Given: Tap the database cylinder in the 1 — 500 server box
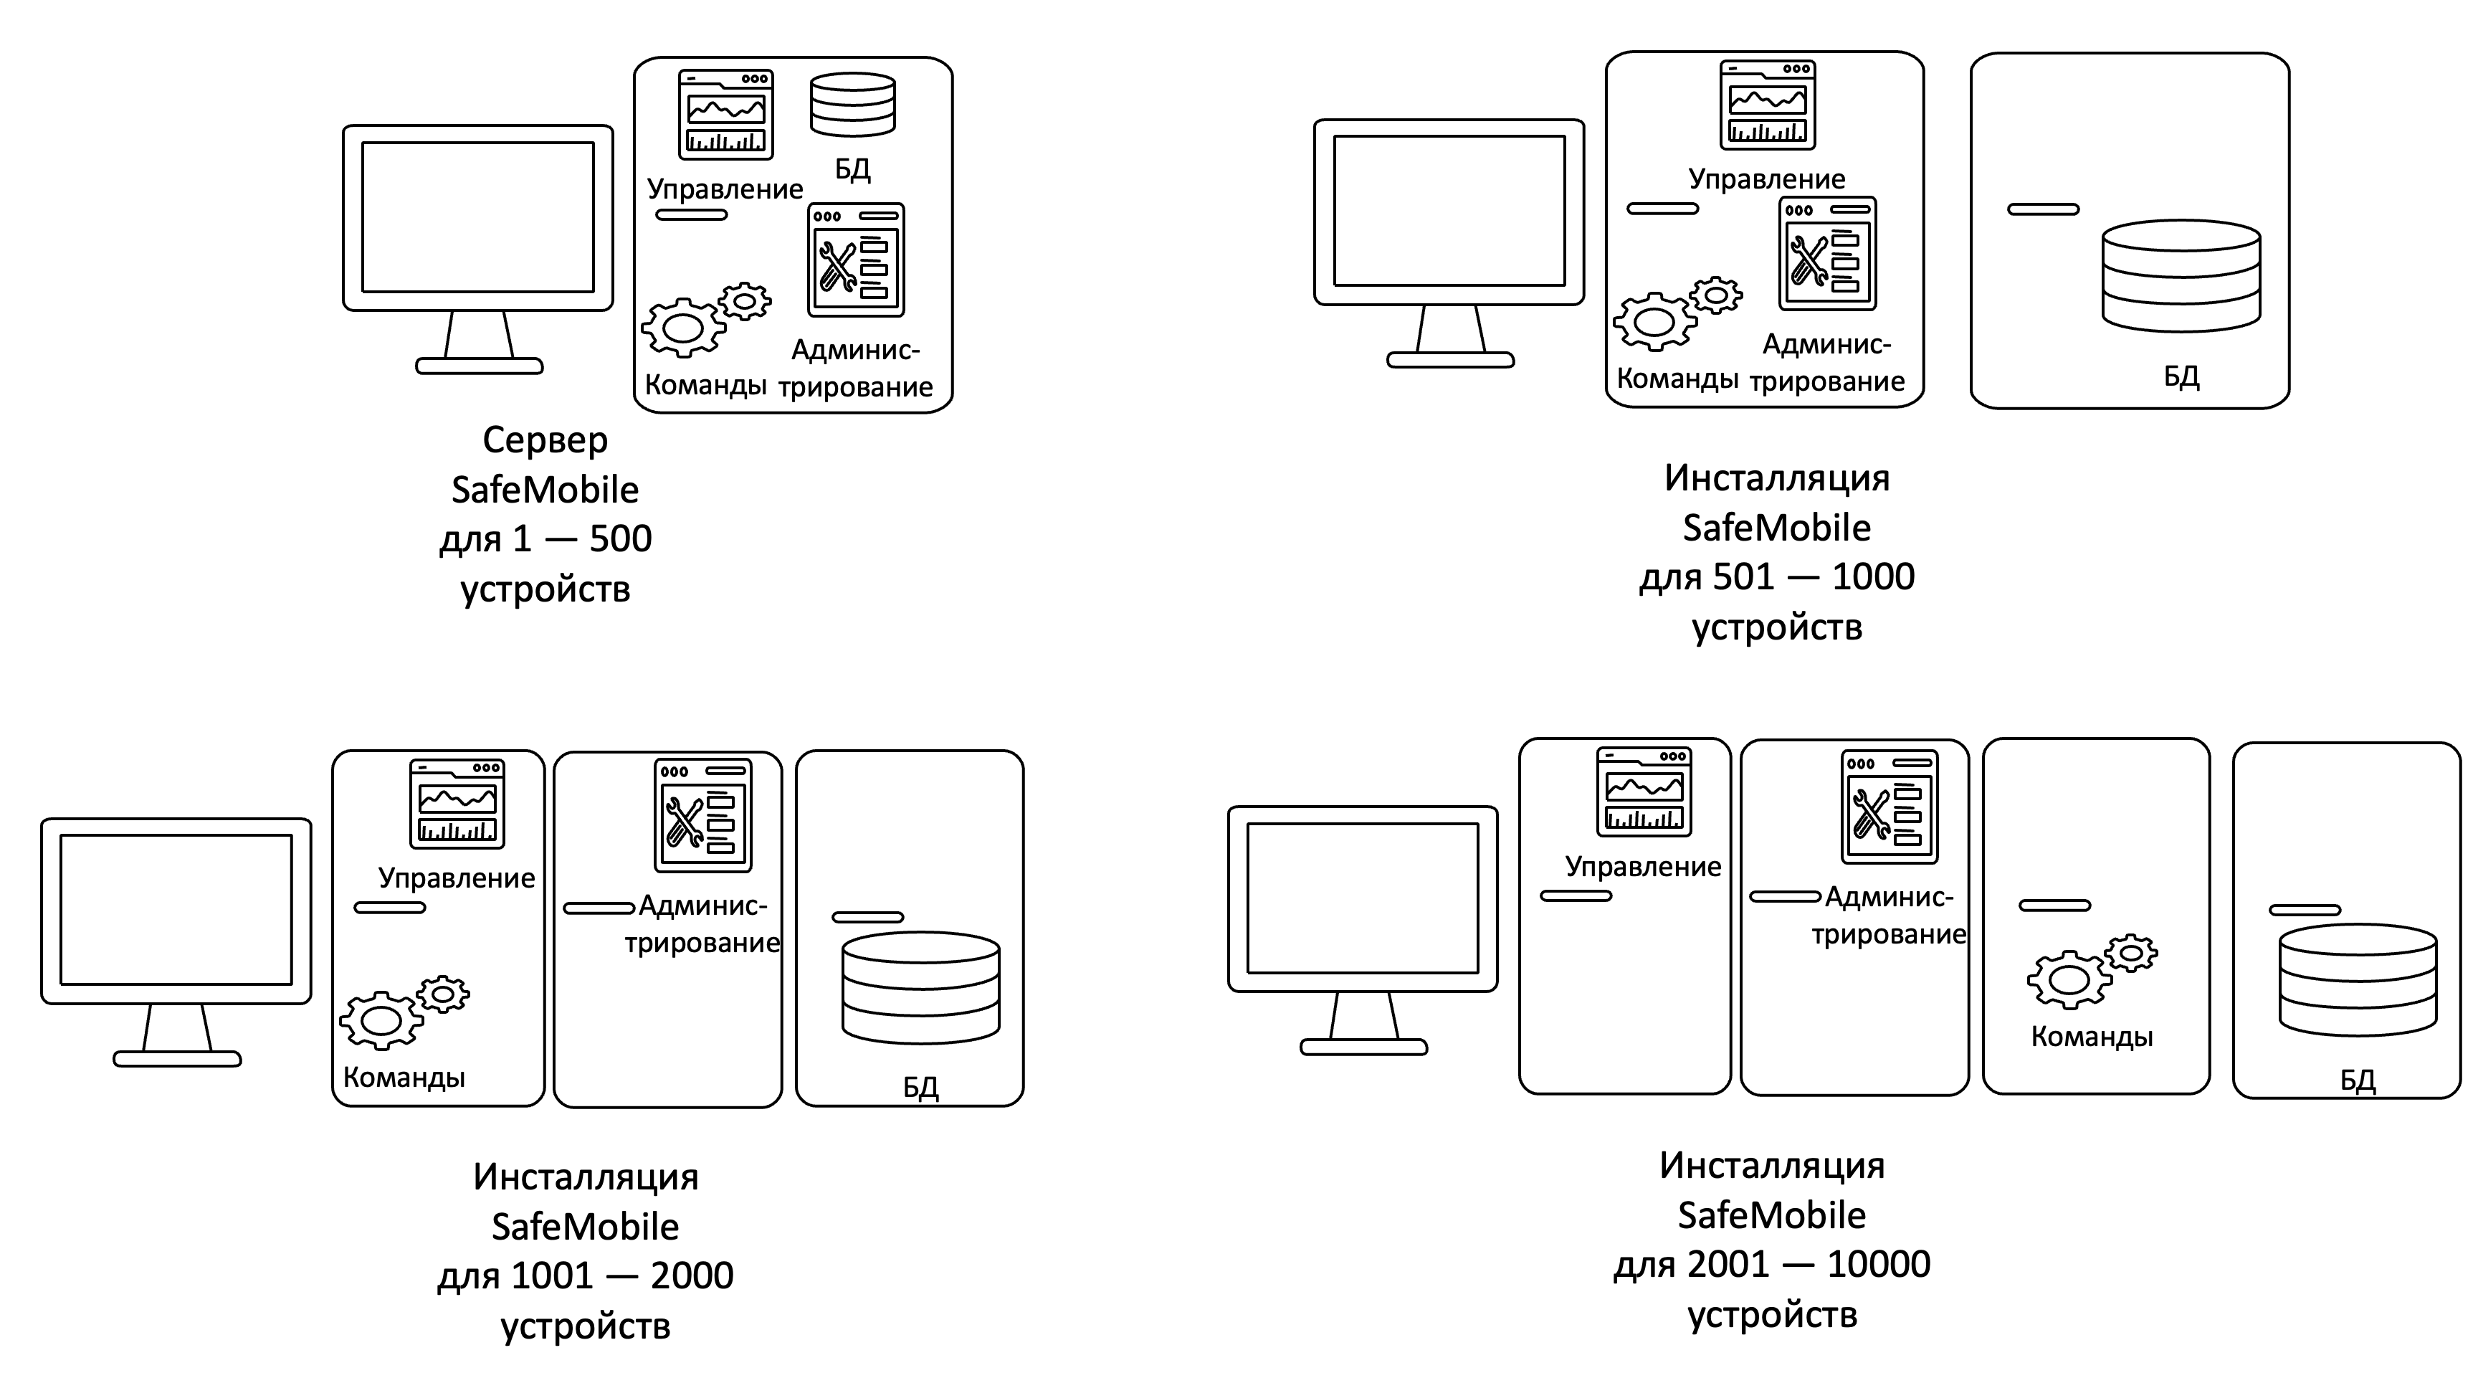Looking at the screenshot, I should tap(852, 105).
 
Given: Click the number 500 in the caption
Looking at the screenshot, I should tap(620, 538).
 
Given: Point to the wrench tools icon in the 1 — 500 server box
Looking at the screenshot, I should tap(855, 260).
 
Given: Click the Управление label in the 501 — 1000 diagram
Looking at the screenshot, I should tap(1766, 179).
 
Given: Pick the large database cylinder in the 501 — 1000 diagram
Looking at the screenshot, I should tap(2181, 275).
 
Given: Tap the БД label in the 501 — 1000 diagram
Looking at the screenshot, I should tap(2181, 376).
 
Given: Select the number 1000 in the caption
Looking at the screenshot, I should tap(1873, 577).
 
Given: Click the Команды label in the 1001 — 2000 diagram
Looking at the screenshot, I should tap(404, 1078).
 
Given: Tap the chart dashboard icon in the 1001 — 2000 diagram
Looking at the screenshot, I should tap(457, 804).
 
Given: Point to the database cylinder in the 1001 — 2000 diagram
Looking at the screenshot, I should tap(920, 987).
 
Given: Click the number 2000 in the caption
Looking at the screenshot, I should tap(691, 1276).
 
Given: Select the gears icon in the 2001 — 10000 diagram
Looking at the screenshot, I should tap(2091, 971).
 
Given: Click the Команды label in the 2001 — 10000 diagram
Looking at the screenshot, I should tap(2092, 1037).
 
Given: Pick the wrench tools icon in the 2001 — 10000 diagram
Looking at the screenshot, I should tap(1888, 807).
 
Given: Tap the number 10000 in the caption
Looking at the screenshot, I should tap(1878, 1265).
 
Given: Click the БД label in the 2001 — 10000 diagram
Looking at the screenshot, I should tap(2357, 1080).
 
